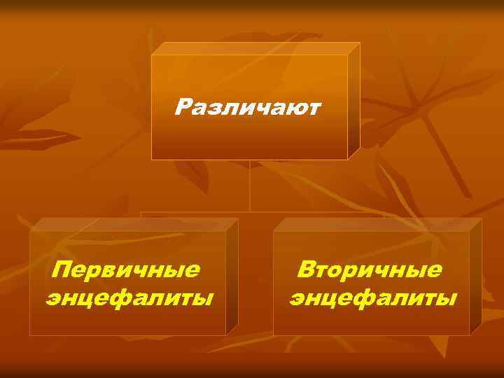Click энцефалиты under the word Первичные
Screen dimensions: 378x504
pos(129,298)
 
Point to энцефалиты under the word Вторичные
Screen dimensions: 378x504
pos(373,298)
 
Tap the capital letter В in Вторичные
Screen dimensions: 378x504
pos(305,269)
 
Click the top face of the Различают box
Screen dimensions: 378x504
pos(255,48)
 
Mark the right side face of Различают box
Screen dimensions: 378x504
pos(353,101)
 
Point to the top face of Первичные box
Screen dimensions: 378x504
pos(133,224)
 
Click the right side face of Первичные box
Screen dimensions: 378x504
pos(232,276)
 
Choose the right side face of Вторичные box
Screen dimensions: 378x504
pos(475,276)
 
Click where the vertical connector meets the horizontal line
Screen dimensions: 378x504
pos(250,211)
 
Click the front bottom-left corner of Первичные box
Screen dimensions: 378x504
pos(30,335)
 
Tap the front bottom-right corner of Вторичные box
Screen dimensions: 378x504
pos(469,335)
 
